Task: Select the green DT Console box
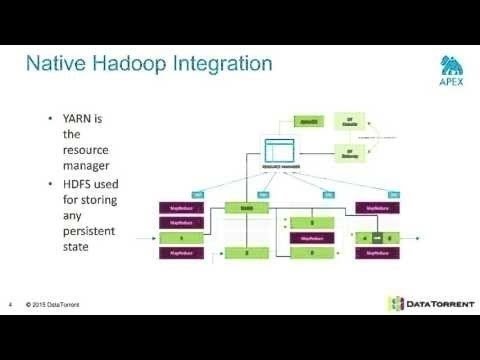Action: pyautogui.click(x=351, y=122)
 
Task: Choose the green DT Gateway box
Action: pyautogui.click(x=351, y=153)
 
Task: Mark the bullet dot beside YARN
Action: pyautogui.click(x=50, y=118)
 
